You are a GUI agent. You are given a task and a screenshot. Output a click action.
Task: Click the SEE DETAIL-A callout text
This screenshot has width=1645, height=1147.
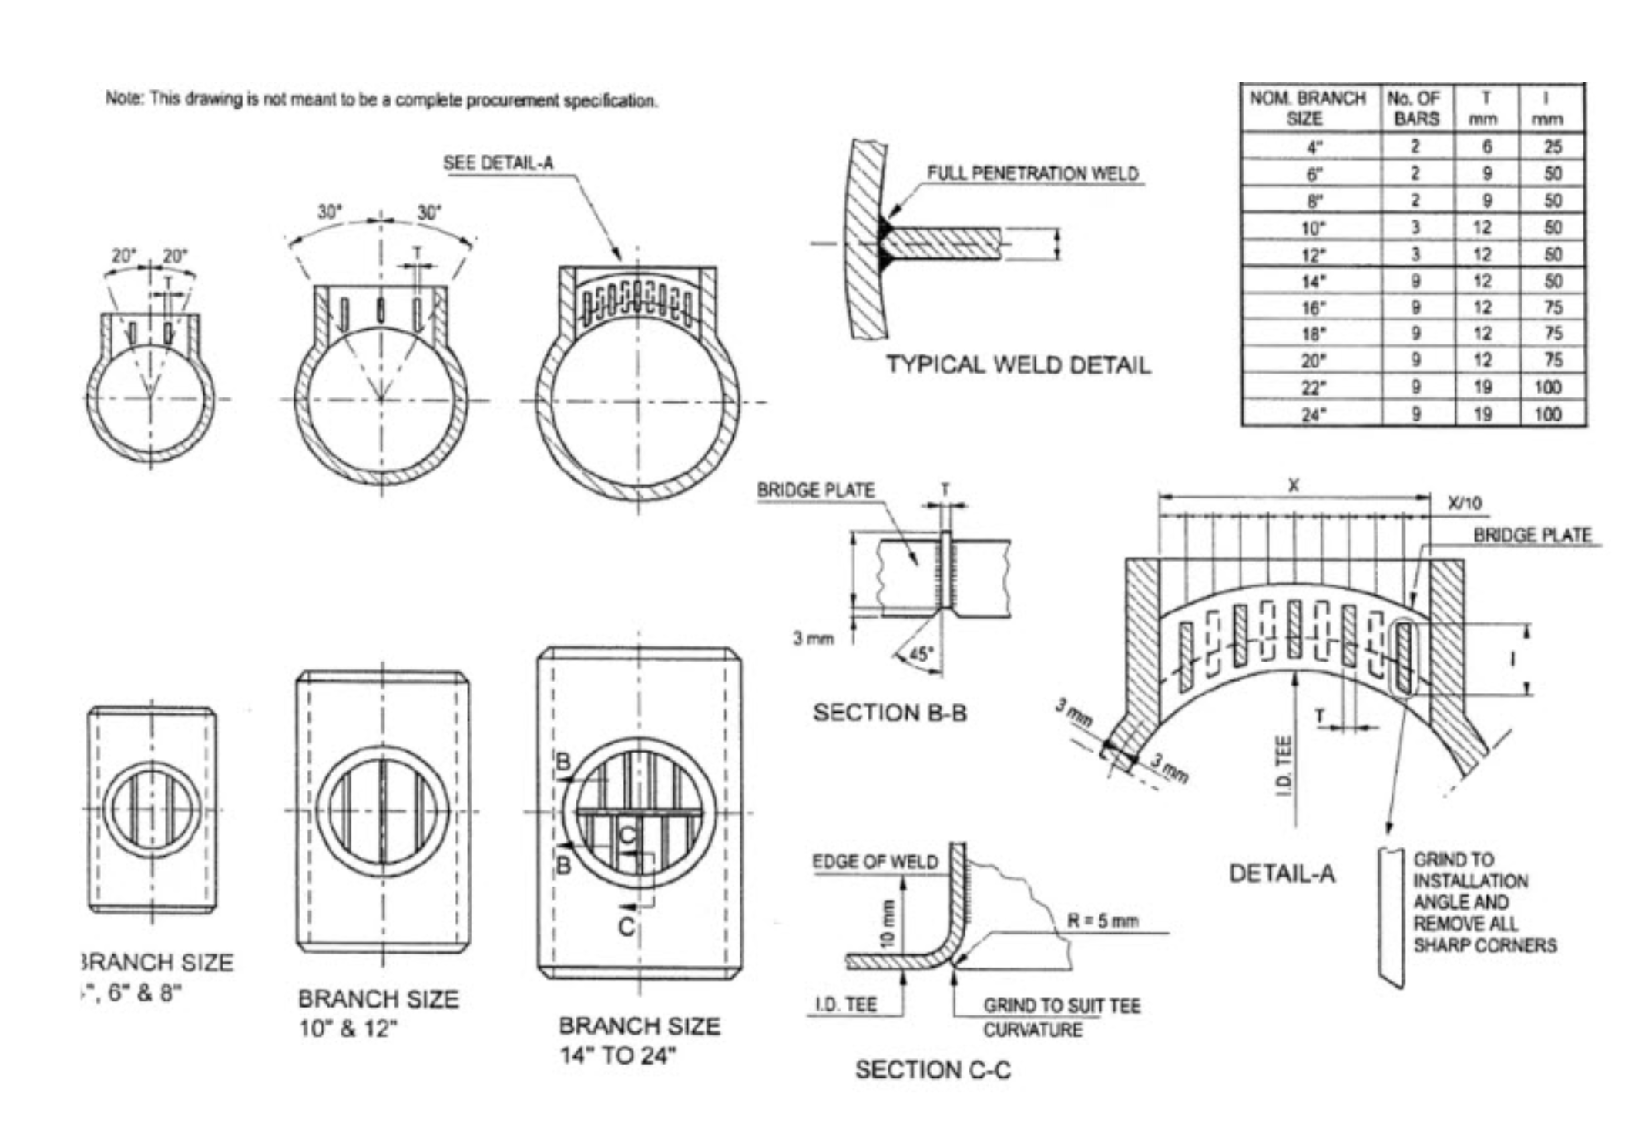498,163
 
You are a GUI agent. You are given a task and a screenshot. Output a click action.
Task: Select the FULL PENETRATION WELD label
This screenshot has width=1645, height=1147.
1032,173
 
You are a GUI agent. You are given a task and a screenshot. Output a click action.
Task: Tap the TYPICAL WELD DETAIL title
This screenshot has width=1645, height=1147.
1018,364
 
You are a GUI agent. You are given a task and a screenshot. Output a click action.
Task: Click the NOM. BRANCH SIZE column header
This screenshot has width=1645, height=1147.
1307,109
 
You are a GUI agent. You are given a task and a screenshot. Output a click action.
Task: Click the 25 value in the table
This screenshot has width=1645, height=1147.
1553,146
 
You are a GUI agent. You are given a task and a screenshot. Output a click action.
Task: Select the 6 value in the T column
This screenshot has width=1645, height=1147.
1486,146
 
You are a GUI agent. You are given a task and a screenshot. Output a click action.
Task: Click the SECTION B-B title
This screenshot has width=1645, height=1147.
890,713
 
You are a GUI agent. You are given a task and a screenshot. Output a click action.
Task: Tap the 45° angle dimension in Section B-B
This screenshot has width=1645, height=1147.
920,654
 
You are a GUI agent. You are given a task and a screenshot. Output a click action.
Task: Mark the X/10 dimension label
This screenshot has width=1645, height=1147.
1465,504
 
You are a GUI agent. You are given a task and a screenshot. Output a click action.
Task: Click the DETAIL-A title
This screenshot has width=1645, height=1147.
1281,874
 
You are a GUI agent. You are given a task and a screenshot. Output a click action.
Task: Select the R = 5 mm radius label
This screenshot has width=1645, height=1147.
1102,921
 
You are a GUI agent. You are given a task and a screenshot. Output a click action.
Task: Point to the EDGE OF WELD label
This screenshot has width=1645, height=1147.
875,862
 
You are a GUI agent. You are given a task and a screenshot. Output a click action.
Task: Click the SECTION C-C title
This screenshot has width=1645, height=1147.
932,1070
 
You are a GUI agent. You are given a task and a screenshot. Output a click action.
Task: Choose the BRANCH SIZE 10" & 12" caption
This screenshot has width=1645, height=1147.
378,1013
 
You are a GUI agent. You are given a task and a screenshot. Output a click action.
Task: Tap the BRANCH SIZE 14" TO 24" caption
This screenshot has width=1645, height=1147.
640,1040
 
